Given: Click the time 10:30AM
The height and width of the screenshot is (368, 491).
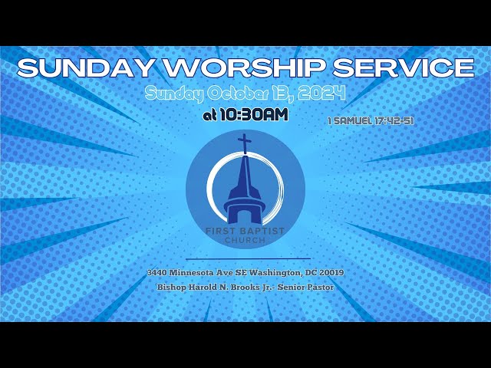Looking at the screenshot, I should [x=254, y=115].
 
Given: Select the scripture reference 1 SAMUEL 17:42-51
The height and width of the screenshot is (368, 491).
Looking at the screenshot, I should [x=371, y=120].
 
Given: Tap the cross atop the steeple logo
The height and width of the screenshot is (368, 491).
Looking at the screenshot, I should [x=244, y=143].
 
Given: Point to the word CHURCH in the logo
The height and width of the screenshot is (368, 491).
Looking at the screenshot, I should [x=245, y=241].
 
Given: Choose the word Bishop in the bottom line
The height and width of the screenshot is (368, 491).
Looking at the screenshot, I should [x=171, y=287].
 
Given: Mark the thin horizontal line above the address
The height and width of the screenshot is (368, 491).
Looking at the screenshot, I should [x=245, y=259].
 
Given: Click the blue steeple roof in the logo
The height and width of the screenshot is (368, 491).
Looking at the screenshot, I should [x=244, y=180].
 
